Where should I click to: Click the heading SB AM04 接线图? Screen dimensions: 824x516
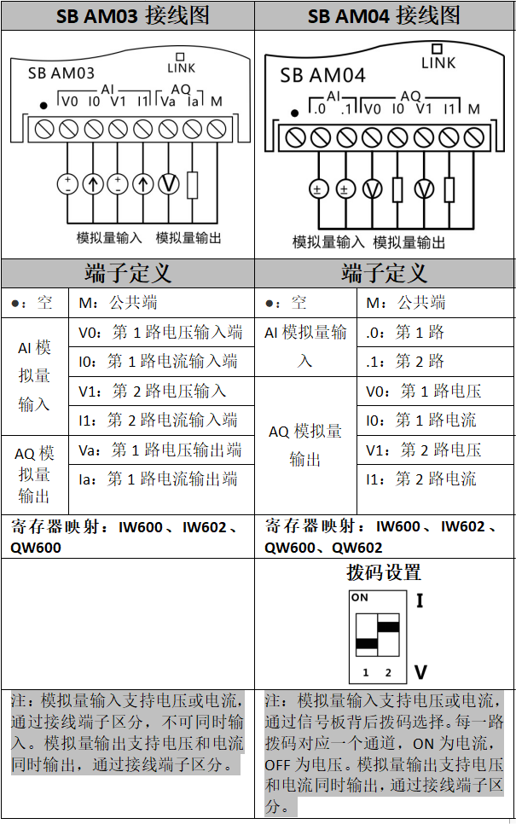[384, 15]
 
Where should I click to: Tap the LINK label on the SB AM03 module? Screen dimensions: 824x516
[182, 67]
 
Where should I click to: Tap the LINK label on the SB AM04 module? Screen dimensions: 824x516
[438, 62]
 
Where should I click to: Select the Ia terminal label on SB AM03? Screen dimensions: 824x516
[193, 102]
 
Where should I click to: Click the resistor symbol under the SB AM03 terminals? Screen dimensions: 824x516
[193, 183]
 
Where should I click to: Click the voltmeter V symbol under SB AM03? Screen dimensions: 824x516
[168, 183]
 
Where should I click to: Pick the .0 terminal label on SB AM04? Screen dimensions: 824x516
[319, 109]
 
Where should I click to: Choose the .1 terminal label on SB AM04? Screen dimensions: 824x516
[345, 109]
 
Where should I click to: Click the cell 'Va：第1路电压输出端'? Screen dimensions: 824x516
[161, 450]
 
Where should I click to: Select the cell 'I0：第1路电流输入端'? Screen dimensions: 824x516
[161, 361]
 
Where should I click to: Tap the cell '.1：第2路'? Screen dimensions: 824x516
[406, 361]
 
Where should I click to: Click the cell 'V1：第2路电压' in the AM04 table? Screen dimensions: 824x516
[424, 450]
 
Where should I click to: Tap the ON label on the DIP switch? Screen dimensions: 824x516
[360, 598]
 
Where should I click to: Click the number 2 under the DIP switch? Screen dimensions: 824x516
[388, 673]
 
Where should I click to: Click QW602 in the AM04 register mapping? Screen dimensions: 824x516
[357, 547]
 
